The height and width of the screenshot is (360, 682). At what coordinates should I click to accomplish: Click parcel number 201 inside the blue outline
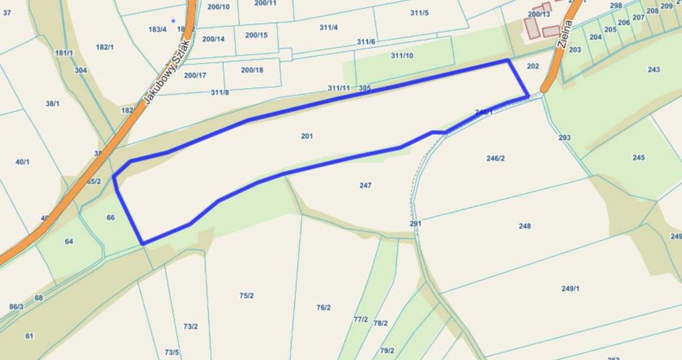[x=307, y=136]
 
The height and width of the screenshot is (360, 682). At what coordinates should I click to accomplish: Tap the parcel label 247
[x=365, y=185]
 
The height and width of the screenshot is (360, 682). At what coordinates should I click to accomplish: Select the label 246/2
[x=496, y=158]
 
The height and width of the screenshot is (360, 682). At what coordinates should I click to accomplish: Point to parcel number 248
[x=524, y=226]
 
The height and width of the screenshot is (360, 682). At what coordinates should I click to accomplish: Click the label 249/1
[x=570, y=288]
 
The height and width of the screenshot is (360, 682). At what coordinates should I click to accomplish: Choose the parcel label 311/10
[x=402, y=55]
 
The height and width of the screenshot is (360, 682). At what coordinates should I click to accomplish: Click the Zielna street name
[x=563, y=32]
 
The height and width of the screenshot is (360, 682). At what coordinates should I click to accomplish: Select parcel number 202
[x=533, y=65]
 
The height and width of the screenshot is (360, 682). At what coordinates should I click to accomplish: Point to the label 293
[x=564, y=138]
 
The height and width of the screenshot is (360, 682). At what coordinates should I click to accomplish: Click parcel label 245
[x=638, y=157]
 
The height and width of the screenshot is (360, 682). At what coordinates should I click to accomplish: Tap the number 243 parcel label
[x=654, y=70]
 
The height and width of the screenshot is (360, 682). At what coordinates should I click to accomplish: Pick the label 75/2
[x=247, y=295]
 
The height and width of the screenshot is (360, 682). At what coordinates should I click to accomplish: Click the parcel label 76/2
[x=323, y=307]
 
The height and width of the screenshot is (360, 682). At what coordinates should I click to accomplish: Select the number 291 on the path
[x=416, y=223]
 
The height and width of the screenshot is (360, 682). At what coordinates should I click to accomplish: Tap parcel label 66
[x=111, y=217]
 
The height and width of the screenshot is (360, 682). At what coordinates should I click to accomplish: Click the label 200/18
[x=252, y=70]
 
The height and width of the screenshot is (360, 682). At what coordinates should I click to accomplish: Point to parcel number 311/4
[x=328, y=27]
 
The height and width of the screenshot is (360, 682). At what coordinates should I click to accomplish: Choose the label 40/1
[x=23, y=162]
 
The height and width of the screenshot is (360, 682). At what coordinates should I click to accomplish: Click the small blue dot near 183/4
[x=173, y=20]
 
